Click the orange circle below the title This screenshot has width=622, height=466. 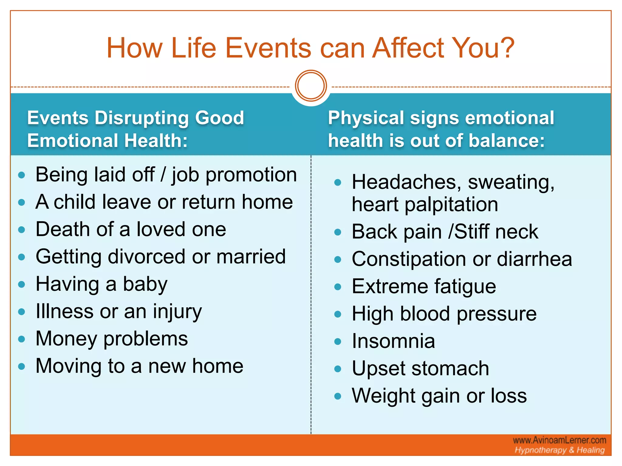coord(311,86)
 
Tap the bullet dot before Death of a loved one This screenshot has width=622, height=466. coord(21,230)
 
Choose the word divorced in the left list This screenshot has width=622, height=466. coord(146,257)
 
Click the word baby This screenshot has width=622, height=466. coord(145,285)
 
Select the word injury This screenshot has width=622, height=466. coord(177,312)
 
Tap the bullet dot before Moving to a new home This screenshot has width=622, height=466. coord(21,366)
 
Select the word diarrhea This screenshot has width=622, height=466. coord(534,259)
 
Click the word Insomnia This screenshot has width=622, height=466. coord(393,341)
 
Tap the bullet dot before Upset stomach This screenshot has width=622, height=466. coord(338,369)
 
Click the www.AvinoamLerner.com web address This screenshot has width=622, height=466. coord(559,440)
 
